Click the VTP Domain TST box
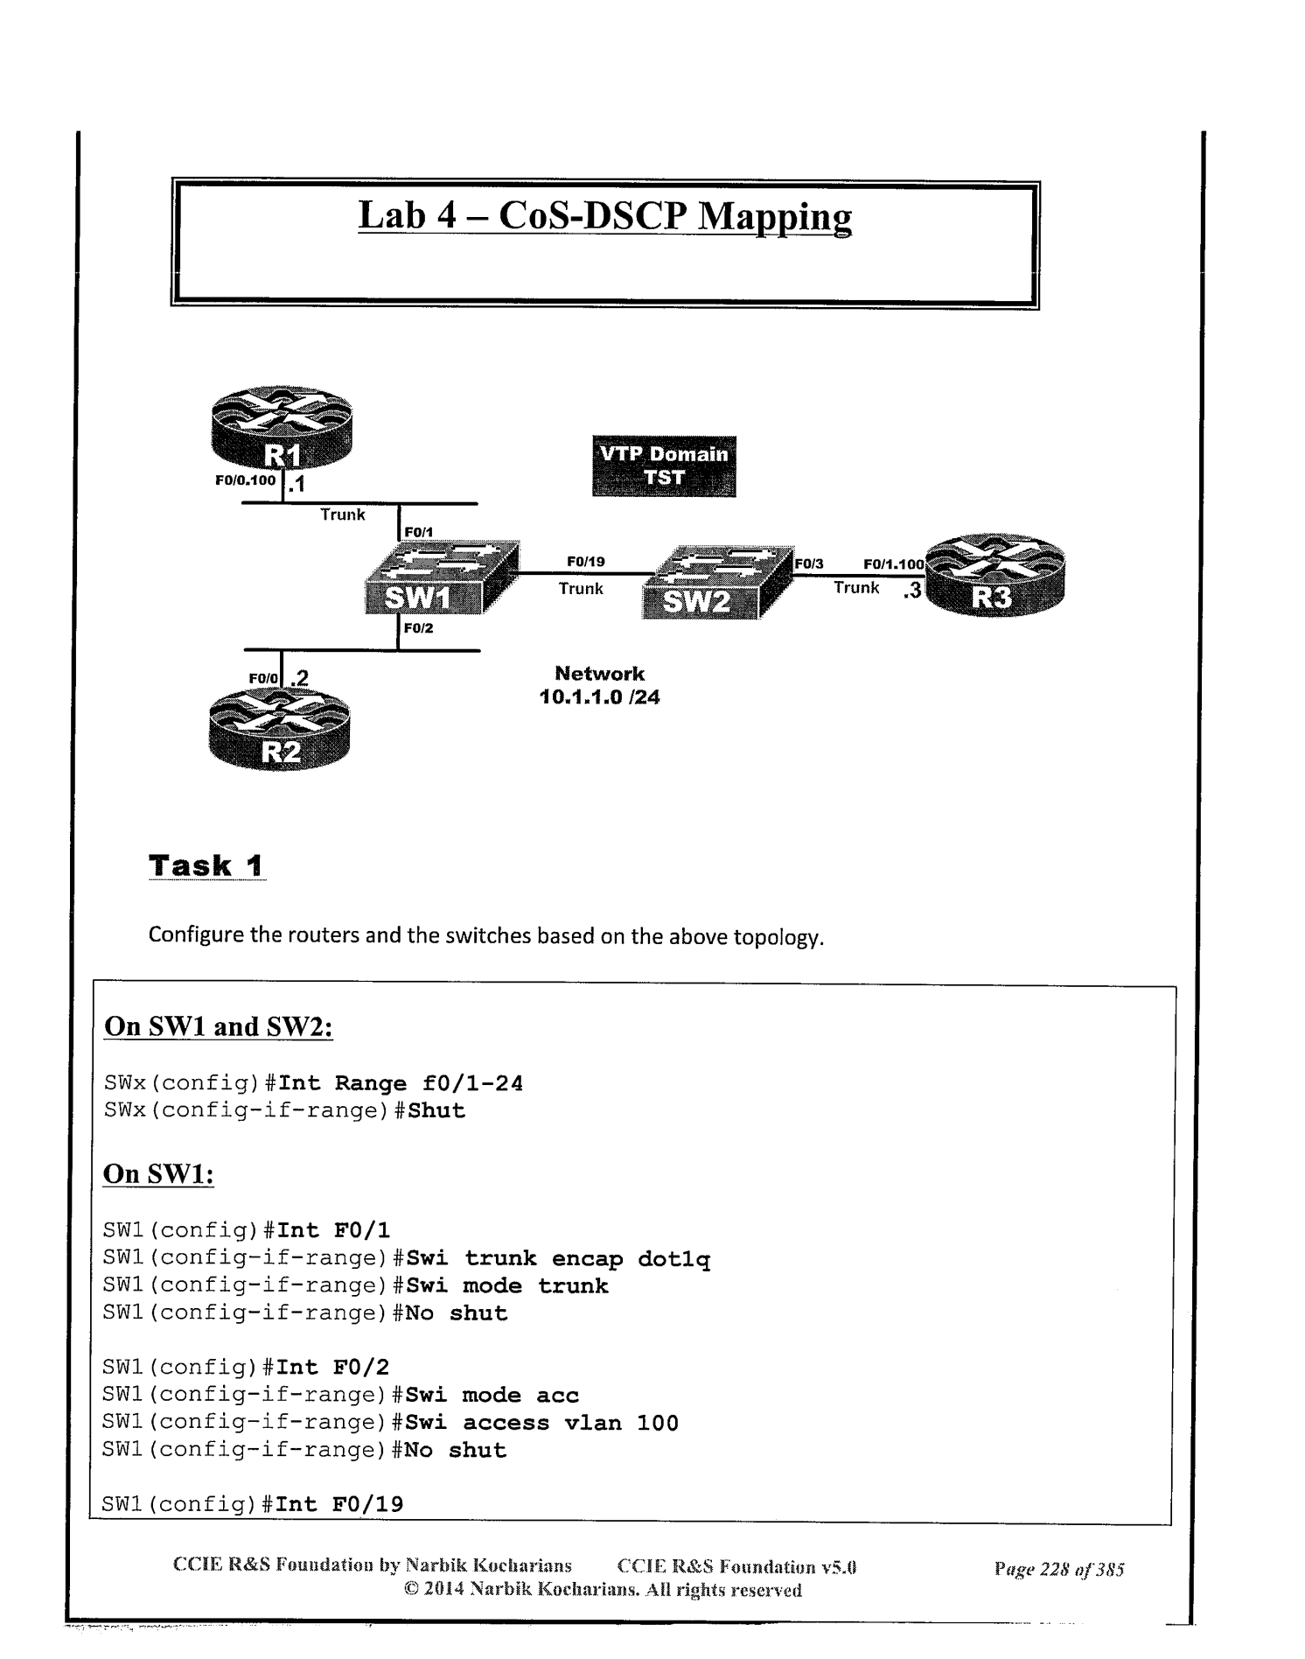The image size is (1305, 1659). click(664, 466)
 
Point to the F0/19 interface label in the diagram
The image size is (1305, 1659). click(585, 562)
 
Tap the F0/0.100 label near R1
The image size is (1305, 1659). click(245, 480)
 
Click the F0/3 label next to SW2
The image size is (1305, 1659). click(810, 564)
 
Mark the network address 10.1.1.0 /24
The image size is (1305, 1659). click(600, 698)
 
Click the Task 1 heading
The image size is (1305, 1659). click(206, 866)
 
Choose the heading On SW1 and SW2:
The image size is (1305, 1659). click(218, 1026)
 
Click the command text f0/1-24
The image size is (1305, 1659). click(472, 1084)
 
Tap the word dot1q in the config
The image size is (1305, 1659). click(673, 1259)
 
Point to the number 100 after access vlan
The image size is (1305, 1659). click(658, 1423)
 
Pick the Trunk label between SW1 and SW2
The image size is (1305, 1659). click(582, 589)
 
